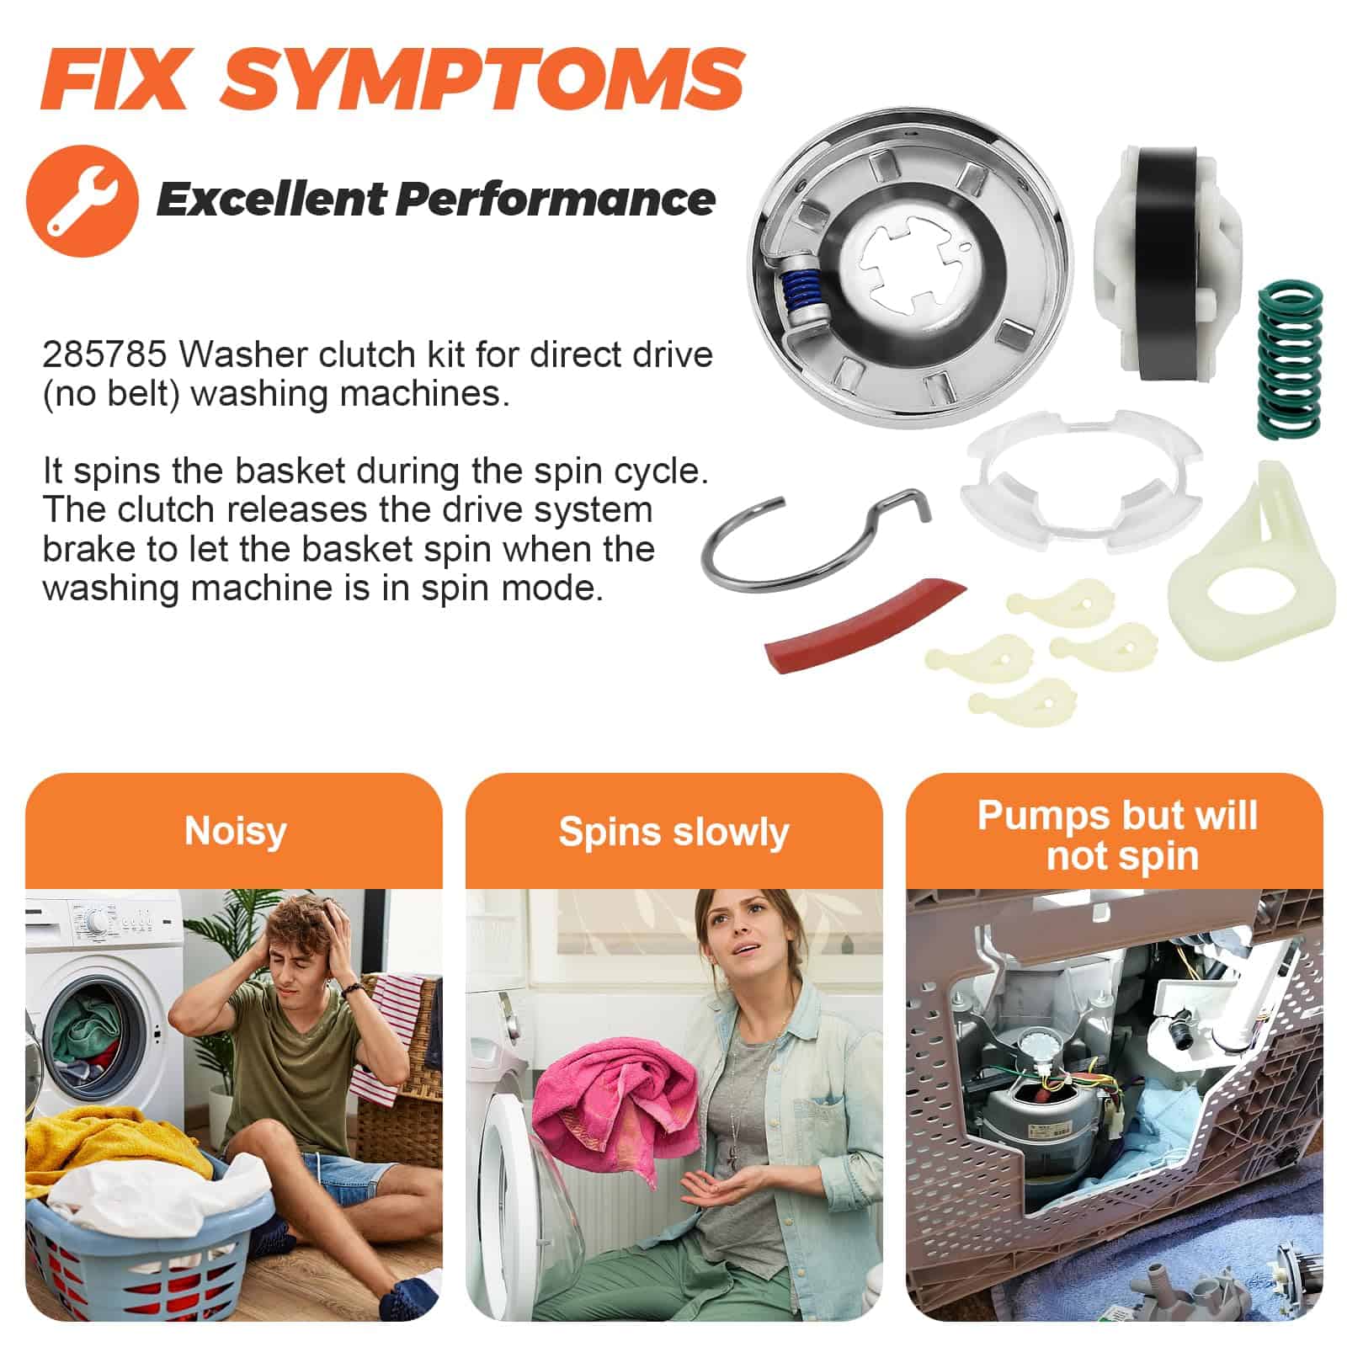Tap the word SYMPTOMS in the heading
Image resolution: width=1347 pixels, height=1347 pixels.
click(x=482, y=78)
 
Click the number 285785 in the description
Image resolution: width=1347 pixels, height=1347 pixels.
click(x=104, y=354)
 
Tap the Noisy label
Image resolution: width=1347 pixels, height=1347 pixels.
click(x=236, y=831)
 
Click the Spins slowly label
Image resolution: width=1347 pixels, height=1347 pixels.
click(x=673, y=832)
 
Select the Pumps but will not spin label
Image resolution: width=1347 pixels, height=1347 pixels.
click(x=1117, y=835)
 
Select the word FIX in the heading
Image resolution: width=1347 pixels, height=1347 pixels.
click(x=113, y=78)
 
